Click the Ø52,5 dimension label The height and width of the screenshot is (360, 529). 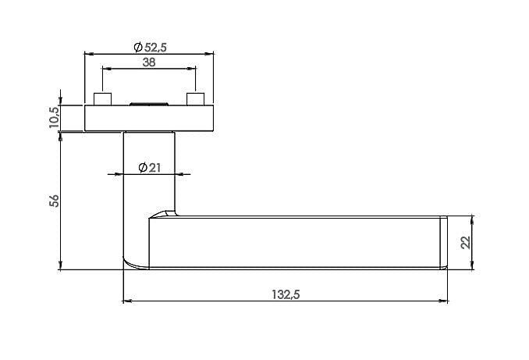point(150,48)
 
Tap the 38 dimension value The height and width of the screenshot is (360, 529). point(149,62)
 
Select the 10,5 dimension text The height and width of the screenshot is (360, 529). point(55,117)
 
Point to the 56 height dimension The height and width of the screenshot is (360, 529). point(55,201)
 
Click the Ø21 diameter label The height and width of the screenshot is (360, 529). point(150,167)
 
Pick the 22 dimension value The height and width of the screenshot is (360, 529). point(466,243)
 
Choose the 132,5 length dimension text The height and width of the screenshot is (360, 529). point(286,294)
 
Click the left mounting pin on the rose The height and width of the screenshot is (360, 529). point(102,98)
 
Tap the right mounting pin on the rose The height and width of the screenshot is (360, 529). point(196,98)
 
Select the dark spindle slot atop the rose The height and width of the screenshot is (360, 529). point(149,104)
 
